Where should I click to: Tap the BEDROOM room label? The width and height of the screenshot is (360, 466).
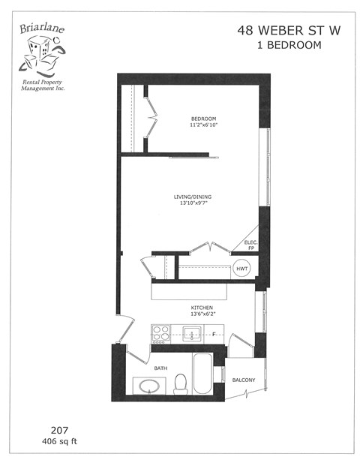pyautogui.click(x=203, y=119)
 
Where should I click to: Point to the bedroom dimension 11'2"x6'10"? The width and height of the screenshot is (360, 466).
pyautogui.click(x=203, y=126)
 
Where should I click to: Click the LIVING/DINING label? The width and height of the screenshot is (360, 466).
pyautogui.click(x=193, y=197)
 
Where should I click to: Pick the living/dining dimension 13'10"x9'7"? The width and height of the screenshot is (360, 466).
pyautogui.click(x=193, y=204)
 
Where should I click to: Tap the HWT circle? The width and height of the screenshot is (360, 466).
pyautogui.click(x=242, y=269)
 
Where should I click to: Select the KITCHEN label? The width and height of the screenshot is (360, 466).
pyautogui.click(x=202, y=308)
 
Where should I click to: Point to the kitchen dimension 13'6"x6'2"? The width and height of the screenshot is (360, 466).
pyautogui.click(x=202, y=314)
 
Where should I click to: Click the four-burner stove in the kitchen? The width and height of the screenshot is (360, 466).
pyautogui.click(x=160, y=333)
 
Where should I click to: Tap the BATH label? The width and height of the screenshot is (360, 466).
pyautogui.click(x=160, y=368)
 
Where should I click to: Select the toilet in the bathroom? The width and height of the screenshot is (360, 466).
pyautogui.click(x=178, y=385)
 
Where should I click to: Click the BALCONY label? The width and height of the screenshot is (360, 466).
pyautogui.click(x=243, y=380)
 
